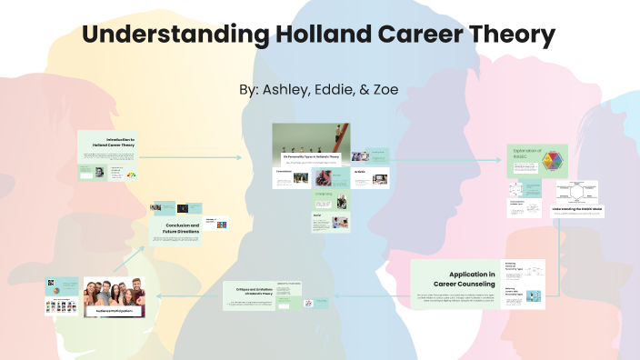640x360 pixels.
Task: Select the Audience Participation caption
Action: coord(114,310)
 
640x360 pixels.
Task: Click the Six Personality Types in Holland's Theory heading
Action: coord(311,156)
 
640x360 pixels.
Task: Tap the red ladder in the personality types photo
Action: coord(338,139)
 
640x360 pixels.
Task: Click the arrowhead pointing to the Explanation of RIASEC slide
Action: coord(500,159)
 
